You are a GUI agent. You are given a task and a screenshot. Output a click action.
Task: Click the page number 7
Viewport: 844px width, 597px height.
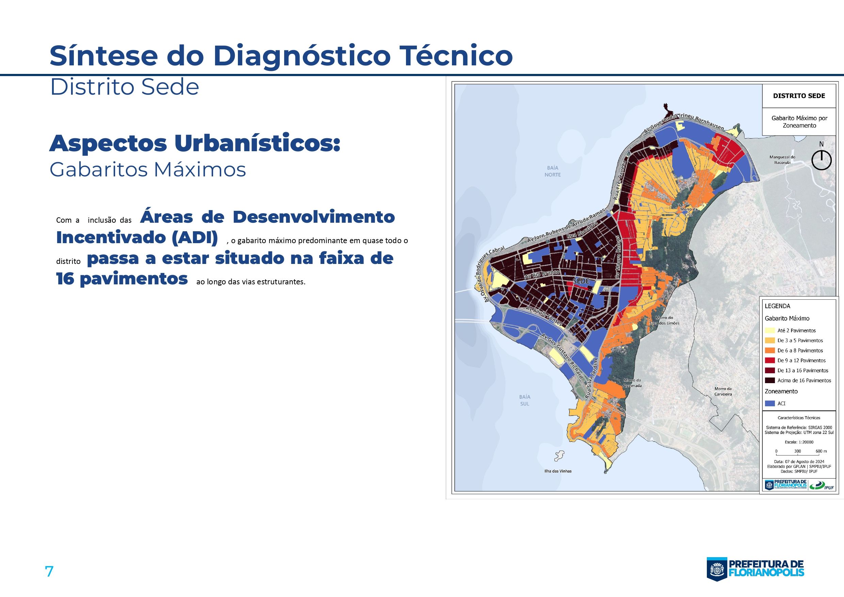click(x=49, y=571)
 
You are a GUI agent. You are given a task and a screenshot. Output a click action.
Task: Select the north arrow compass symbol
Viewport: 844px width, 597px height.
click(x=821, y=160)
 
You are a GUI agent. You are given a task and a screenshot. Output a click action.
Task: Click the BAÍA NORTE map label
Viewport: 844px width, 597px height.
click(x=552, y=171)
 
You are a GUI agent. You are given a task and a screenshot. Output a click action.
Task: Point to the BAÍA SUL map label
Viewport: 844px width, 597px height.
click(x=524, y=400)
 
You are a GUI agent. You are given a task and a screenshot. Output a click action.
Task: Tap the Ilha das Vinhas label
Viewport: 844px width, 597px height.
click(x=558, y=471)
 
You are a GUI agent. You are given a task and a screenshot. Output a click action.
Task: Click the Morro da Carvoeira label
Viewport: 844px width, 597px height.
click(x=723, y=391)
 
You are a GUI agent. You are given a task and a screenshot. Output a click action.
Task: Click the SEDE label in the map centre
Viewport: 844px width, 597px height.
click(x=581, y=281)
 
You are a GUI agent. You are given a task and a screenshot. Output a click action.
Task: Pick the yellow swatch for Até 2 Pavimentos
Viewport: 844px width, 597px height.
click(x=770, y=330)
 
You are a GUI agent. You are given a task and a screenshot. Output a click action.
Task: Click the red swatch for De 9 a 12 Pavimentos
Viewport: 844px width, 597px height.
click(x=770, y=360)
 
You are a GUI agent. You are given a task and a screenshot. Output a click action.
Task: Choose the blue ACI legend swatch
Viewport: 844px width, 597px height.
click(x=770, y=404)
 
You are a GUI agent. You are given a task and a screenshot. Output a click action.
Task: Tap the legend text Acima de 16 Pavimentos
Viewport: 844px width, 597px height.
click(x=804, y=380)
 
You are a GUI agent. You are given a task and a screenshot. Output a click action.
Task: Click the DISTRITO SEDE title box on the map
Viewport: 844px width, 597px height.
click(x=799, y=96)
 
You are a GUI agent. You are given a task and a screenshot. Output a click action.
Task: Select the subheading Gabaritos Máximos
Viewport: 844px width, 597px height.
click(x=147, y=170)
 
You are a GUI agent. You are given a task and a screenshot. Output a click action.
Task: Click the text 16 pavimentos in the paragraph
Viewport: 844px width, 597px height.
click(x=122, y=279)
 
